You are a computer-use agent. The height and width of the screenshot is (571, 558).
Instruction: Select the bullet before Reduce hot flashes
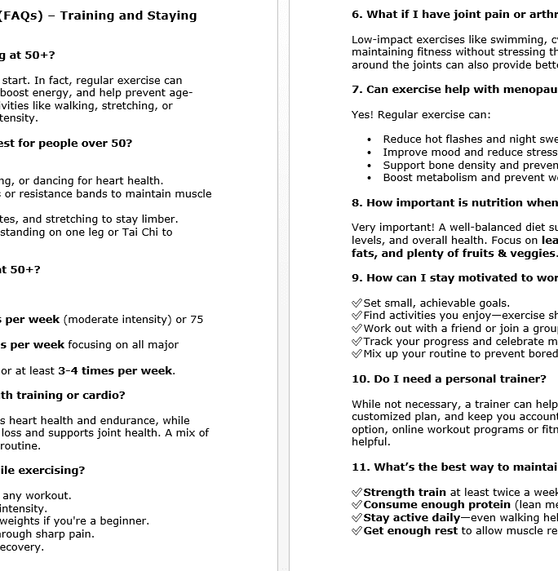pyautogui.click(x=370, y=139)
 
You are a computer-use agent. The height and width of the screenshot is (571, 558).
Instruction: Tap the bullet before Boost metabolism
pyautogui.click(x=370, y=178)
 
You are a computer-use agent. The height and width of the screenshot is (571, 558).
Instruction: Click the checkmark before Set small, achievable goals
pyautogui.click(x=356, y=303)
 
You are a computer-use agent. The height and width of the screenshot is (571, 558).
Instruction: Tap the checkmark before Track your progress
pyautogui.click(x=356, y=342)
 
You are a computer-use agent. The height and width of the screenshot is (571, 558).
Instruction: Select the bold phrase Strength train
pyautogui.click(x=405, y=493)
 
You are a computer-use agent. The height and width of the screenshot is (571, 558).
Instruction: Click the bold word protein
pyautogui.click(x=466, y=505)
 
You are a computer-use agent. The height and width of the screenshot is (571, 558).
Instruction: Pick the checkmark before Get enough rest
pyautogui.click(x=356, y=531)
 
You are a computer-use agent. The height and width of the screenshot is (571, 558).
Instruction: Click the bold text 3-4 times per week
pyautogui.click(x=115, y=371)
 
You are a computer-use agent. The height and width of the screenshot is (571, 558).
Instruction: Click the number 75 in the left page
pyautogui.click(x=196, y=320)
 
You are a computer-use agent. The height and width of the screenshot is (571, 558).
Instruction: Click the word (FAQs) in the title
pyautogui.click(x=20, y=15)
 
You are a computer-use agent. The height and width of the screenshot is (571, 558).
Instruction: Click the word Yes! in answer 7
pyautogui.click(x=362, y=115)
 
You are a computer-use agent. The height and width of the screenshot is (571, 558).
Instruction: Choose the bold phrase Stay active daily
pyautogui.click(x=411, y=518)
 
